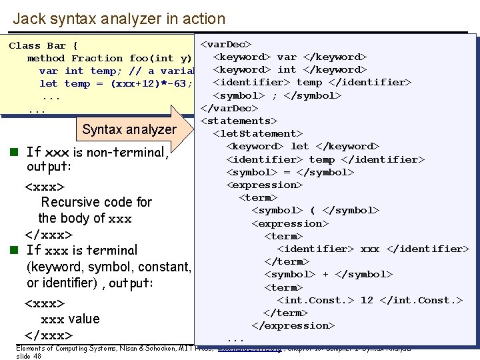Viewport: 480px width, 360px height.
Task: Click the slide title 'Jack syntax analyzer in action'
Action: click(x=119, y=19)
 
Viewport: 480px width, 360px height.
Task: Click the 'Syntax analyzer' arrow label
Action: click(x=129, y=129)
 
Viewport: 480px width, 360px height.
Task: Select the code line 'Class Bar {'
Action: click(x=43, y=46)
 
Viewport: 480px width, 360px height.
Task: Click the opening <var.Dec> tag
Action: click(x=226, y=45)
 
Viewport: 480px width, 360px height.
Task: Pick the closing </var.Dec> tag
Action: click(x=229, y=108)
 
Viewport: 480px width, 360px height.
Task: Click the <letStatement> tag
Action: click(x=258, y=134)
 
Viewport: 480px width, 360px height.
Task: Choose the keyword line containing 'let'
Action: click(x=303, y=147)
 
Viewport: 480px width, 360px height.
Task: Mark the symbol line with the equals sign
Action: click(x=290, y=173)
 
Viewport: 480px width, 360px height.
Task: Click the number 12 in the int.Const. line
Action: click(x=367, y=301)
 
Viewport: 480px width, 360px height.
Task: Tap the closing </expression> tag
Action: click(x=293, y=326)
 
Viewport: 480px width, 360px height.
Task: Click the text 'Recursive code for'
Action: click(x=97, y=202)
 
